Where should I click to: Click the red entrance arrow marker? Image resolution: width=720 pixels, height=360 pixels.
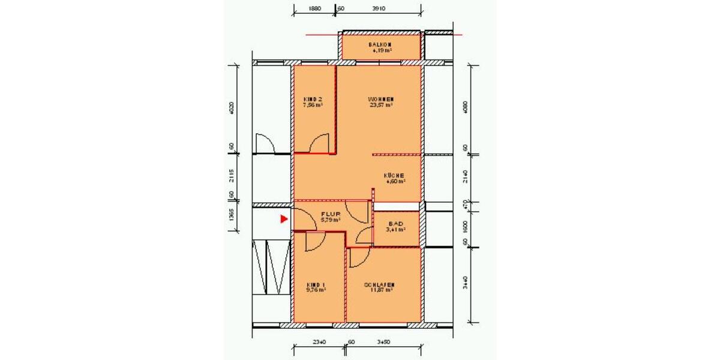[284, 220]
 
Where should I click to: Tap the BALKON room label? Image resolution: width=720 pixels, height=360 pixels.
[380, 45]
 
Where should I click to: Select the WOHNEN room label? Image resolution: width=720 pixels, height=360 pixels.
[381, 99]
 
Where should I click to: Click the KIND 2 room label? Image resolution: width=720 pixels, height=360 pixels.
[313, 99]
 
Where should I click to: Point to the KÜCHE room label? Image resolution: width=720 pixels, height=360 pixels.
[394, 175]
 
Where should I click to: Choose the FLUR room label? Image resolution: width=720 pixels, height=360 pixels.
[330, 214]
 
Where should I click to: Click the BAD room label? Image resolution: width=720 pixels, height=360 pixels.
[396, 223]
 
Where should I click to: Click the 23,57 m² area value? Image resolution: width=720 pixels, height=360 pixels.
[381, 105]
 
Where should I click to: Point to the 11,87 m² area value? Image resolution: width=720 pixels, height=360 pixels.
[381, 290]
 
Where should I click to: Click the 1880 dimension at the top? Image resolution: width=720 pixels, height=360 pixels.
[314, 9]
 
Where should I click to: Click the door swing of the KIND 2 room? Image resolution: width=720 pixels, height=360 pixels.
[319, 143]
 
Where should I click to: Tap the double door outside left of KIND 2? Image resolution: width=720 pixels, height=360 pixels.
[265, 143]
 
